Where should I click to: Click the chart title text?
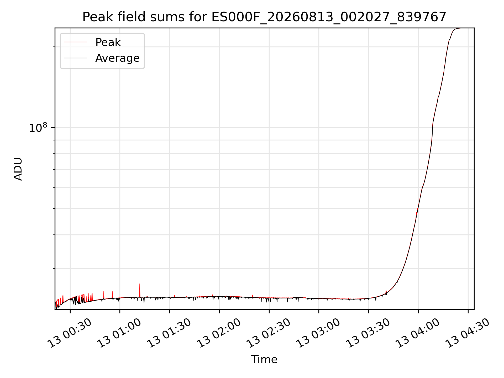pyautogui.click(x=264, y=17)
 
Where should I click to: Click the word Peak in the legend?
pyautogui.click(x=108, y=42)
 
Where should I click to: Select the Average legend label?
pyautogui.click(x=117, y=58)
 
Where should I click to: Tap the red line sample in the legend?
pyautogui.click(x=76, y=42)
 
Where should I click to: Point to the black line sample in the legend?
pyautogui.click(x=76, y=58)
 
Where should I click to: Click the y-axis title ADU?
pyautogui.click(x=18, y=169)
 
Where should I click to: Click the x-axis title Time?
pyautogui.click(x=264, y=359)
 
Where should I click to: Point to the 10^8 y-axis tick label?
pyautogui.click(x=38, y=128)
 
